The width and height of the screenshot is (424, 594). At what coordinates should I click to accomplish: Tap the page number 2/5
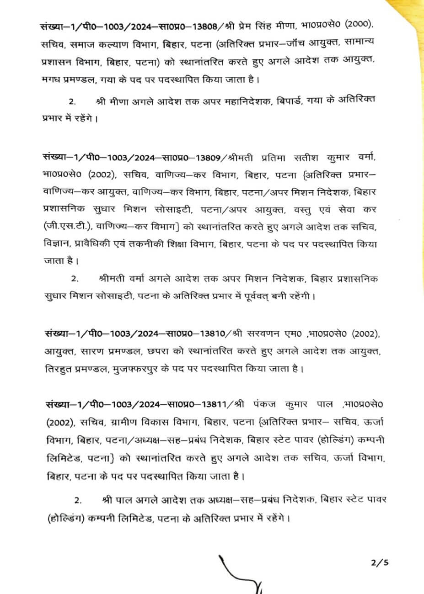(x=381, y=563)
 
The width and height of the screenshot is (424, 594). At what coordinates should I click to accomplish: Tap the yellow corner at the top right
(x=409, y=18)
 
